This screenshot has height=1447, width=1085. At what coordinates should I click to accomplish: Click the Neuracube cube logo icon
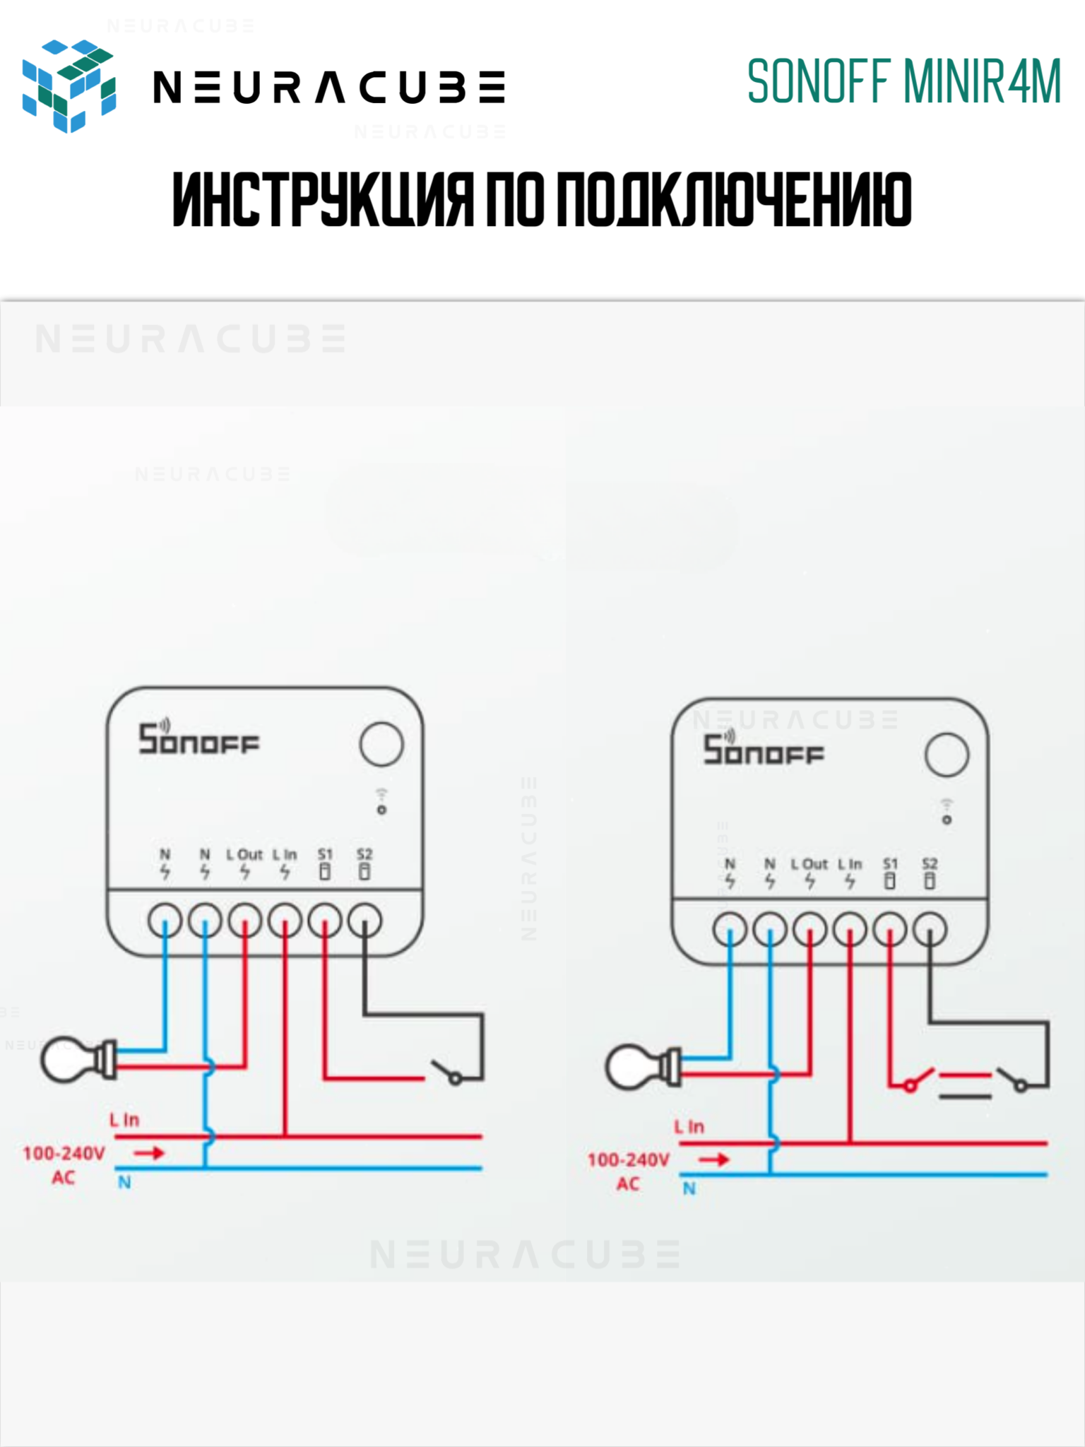coord(69,85)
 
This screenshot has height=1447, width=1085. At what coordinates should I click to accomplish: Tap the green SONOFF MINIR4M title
coord(904,82)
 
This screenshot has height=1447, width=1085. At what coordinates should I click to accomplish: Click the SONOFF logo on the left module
coord(198,740)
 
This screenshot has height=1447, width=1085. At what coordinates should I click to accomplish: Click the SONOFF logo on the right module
coord(764,750)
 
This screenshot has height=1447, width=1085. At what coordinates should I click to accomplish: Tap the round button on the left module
coord(381,744)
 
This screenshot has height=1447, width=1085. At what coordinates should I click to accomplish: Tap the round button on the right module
coord(947,755)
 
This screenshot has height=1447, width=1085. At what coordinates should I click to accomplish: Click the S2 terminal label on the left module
coord(364,854)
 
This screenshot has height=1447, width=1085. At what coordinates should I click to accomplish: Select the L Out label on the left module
coord(244,854)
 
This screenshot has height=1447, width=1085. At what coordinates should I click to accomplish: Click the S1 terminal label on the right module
coord(890,864)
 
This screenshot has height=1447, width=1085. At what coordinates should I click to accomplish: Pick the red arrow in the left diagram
coord(149,1153)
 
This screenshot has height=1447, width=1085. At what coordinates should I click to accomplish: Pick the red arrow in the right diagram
coord(714,1159)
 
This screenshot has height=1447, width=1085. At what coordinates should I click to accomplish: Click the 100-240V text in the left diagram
coord(64,1153)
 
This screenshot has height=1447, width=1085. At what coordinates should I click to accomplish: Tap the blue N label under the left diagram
coord(124,1183)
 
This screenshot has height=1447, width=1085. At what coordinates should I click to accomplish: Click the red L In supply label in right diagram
coord(689,1127)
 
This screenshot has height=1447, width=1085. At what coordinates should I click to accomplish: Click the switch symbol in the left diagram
coord(448,1072)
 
